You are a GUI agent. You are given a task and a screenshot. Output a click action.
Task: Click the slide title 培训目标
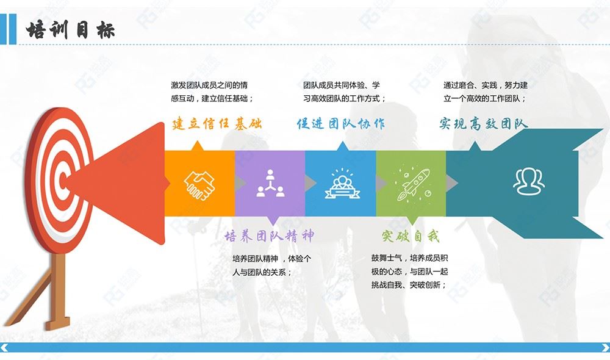[70, 30]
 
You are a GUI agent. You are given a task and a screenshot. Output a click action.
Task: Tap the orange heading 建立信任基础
[217, 123]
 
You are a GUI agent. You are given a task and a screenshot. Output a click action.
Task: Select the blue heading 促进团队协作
[341, 123]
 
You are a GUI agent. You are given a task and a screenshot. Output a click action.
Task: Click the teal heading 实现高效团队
[484, 123]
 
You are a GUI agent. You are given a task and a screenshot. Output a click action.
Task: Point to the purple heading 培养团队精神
[269, 236]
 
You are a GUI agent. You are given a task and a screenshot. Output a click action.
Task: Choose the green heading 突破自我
[411, 236]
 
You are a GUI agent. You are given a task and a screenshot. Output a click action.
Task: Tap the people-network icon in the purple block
[270, 183]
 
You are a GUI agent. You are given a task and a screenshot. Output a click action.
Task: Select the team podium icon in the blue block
[342, 184]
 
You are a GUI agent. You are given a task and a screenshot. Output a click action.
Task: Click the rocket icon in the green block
[412, 184]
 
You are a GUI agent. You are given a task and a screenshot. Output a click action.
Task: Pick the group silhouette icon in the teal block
[529, 181]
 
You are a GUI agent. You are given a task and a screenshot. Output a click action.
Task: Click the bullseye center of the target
[62, 181]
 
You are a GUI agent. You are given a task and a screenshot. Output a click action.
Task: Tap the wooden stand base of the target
[57, 323]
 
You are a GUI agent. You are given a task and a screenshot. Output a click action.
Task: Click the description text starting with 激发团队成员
[212, 92]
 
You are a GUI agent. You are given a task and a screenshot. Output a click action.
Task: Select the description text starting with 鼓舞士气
[410, 272]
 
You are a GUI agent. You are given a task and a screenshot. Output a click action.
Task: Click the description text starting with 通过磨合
[486, 92]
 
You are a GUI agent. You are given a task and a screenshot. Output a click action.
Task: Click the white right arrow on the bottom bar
[605, 347]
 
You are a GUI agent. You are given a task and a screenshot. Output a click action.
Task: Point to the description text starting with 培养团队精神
[271, 265]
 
